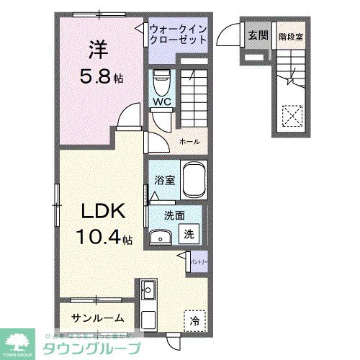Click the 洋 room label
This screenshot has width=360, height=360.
tap(99, 50)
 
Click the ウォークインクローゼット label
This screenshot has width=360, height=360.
tap(179, 34)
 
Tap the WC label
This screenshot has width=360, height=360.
tap(161, 102)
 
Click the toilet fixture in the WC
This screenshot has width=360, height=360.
tap(161, 80)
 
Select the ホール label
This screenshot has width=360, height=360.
tap(189, 142)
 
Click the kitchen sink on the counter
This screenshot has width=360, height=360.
tap(149, 291)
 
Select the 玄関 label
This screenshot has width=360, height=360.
tap(258, 35)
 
